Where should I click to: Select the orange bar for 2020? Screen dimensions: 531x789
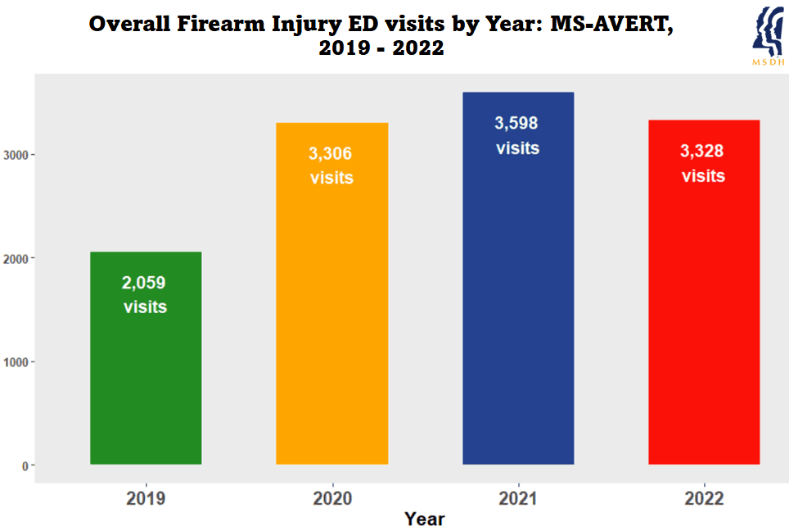click(331, 328)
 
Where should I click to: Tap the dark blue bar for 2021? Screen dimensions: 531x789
click(518, 311)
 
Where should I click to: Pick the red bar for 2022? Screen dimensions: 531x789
click(704, 328)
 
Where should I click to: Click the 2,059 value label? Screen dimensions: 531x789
click(144, 284)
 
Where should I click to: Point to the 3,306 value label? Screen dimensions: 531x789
click(331, 153)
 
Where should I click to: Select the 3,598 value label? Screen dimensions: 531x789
click(516, 124)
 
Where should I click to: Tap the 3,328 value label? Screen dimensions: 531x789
click(703, 152)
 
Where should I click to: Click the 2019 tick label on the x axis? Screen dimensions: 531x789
click(146, 498)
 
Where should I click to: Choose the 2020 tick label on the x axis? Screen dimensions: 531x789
click(331, 498)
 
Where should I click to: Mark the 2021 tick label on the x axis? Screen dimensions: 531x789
click(518, 498)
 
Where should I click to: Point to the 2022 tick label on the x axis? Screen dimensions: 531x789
click(704, 498)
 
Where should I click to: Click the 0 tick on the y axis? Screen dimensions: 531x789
click(26, 465)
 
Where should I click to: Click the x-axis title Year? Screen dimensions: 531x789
click(425, 519)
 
